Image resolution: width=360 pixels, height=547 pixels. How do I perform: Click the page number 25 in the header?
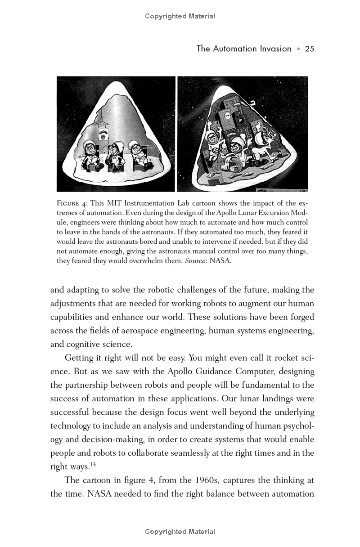coord(309,49)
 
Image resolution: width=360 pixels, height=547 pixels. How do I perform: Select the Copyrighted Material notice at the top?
coord(180,16)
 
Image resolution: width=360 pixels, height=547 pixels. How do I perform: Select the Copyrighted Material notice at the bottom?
coord(180,532)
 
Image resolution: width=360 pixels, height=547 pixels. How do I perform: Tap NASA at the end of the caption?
coord(220,260)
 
